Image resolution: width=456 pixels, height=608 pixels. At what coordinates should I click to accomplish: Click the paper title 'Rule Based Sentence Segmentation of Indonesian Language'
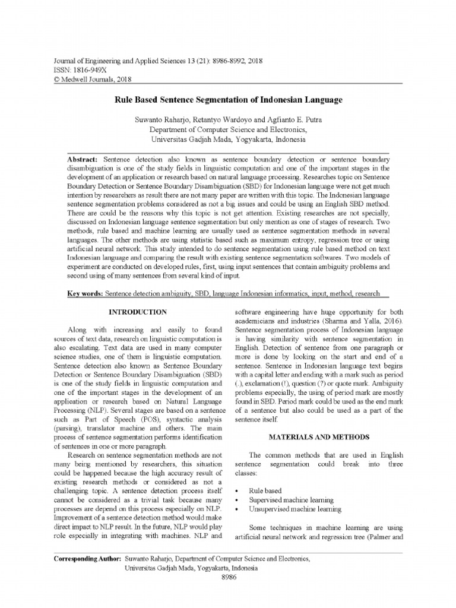228,101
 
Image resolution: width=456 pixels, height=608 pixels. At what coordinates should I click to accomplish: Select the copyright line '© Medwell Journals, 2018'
92,78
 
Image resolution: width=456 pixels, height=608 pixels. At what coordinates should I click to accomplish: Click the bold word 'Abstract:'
84,160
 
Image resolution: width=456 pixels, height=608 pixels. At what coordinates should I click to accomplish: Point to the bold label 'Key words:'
85,294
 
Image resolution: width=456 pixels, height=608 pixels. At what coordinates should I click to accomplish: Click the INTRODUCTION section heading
137,312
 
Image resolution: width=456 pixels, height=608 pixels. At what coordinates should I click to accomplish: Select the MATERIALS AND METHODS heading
319,437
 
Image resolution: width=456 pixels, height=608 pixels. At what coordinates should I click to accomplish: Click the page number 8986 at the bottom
229,577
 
